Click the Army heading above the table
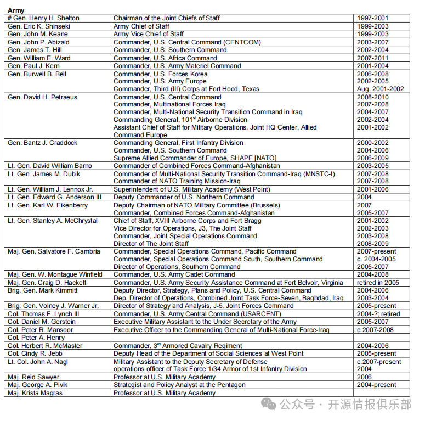16,10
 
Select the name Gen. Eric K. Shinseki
41,26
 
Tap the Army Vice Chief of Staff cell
148,34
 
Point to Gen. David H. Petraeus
42,97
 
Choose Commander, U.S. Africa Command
165,58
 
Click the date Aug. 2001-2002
380,89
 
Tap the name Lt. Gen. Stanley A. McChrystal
53,221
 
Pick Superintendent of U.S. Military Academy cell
191,189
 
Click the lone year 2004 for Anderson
365,197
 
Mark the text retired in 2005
378,283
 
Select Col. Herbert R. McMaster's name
45,346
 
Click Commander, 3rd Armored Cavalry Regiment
178,346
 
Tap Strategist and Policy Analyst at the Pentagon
179,385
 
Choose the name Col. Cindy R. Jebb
36,353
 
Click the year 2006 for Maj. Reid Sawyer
365,378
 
